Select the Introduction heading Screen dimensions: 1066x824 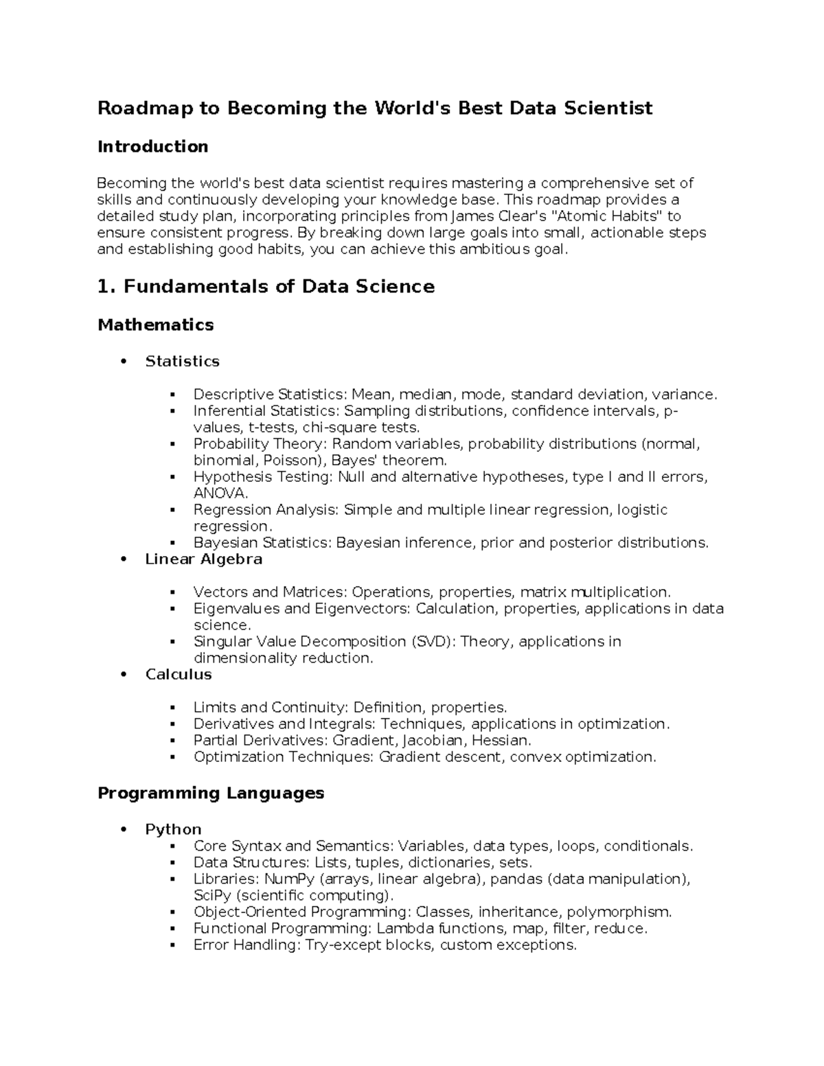coord(152,146)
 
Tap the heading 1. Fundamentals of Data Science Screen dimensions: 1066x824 coord(266,286)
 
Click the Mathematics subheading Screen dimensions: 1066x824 coord(155,325)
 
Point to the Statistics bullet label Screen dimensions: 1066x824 coord(182,361)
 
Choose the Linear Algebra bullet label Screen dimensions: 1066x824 coord(203,559)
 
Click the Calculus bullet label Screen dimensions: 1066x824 coord(178,674)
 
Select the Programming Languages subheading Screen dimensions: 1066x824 coord(211,793)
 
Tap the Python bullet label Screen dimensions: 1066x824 coord(173,829)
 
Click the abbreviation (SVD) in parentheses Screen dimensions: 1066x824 coord(432,641)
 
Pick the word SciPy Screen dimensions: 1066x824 coord(212,895)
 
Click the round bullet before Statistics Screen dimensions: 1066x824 coord(124,362)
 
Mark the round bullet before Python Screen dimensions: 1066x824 coord(124,830)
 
